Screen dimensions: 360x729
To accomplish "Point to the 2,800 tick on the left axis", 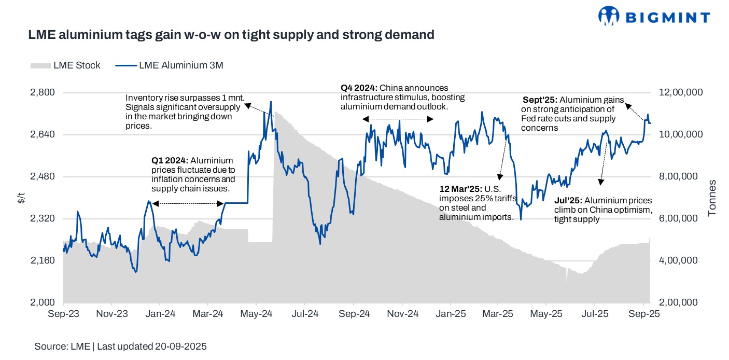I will point(44,92).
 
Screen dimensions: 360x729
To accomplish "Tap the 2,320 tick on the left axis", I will point(44,218).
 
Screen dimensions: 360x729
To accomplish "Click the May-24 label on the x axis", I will point(257,314).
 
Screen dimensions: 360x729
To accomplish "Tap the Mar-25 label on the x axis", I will point(498,314).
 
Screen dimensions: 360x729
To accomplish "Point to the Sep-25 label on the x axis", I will point(643,314).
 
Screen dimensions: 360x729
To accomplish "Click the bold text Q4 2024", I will point(359,88).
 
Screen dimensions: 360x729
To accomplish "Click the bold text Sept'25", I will point(540,100).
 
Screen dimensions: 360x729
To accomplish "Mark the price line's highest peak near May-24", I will point(271,102).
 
